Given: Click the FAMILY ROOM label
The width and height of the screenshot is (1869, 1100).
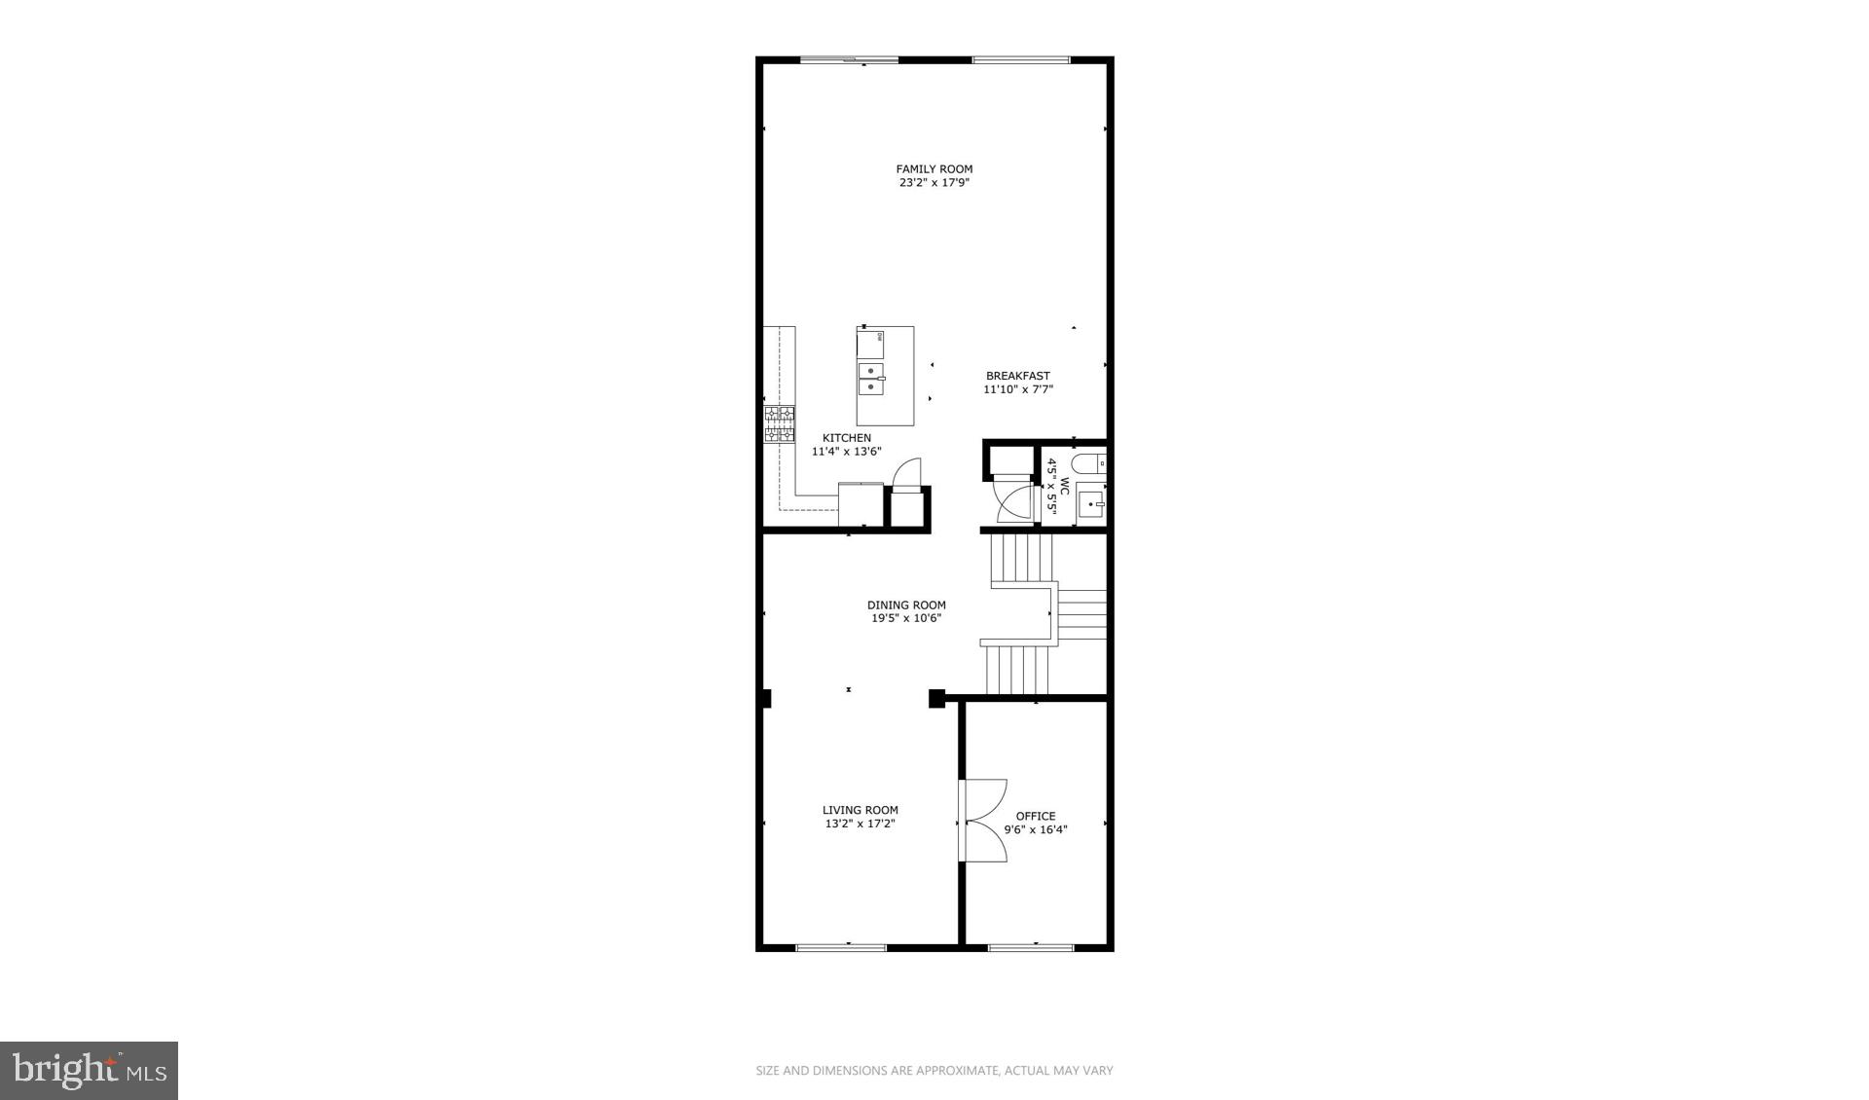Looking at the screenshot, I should [934, 168].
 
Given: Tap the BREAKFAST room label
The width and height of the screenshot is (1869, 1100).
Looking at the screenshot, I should [1017, 376].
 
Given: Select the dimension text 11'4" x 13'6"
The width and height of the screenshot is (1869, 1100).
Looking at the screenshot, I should [846, 452].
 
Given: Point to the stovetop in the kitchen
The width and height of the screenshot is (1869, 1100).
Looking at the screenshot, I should [779, 425].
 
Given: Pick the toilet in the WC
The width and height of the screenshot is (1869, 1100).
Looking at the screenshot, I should [1089, 463].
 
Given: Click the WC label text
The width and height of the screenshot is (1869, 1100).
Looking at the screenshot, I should [1065, 485].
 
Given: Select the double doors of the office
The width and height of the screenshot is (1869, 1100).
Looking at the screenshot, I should [983, 821].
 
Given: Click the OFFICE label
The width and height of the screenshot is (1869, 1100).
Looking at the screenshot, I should [1035, 816].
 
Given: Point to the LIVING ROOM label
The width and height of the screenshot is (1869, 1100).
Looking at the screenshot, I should [860, 810].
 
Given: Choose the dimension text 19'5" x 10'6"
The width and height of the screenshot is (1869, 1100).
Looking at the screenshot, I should [905, 618].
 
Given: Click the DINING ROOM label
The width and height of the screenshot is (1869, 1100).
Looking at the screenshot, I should [906, 605].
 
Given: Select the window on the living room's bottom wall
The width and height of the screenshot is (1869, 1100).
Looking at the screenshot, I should [841, 946].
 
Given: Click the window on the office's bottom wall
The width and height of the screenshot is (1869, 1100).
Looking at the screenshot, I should [1031, 946].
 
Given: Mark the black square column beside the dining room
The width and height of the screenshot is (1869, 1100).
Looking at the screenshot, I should [936, 698].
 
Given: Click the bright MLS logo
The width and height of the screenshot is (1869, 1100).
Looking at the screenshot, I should [89, 1071].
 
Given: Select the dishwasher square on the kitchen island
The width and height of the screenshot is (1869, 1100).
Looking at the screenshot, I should [871, 343].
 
